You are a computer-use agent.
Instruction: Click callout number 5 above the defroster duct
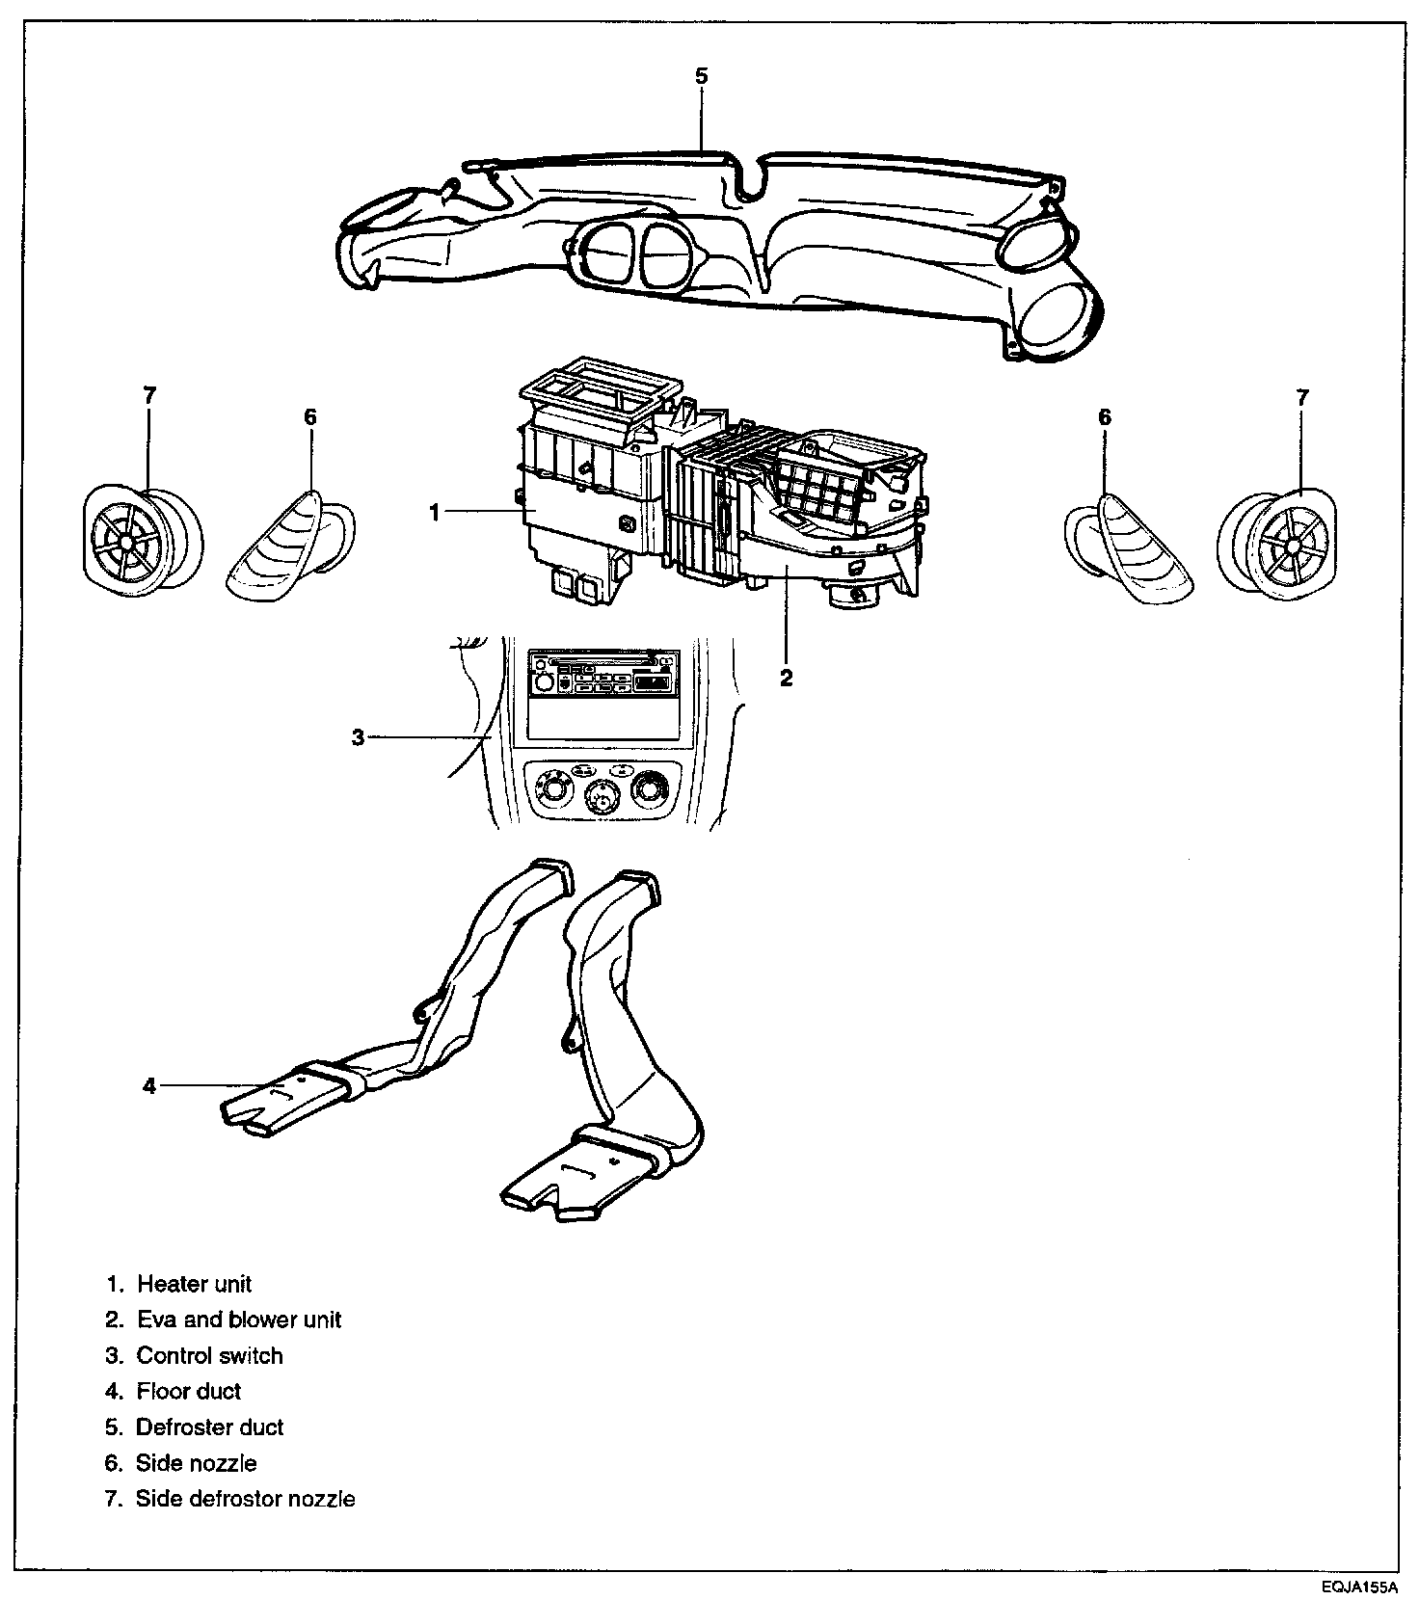(x=701, y=75)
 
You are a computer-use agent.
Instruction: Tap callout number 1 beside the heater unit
(x=435, y=513)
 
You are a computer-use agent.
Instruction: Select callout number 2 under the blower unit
(x=787, y=677)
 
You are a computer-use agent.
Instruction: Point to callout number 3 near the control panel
(x=358, y=737)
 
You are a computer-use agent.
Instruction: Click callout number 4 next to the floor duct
(x=149, y=1086)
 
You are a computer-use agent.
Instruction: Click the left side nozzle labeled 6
(x=289, y=547)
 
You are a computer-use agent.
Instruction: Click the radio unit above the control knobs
(x=601, y=673)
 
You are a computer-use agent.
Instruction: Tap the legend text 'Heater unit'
(x=194, y=1284)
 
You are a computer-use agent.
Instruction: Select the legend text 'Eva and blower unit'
(x=239, y=1320)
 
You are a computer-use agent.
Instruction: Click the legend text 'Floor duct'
(x=189, y=1391)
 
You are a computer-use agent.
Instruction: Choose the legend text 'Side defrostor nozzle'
(x=246, y=1499)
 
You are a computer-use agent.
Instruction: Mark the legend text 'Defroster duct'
(x=210, y=1427)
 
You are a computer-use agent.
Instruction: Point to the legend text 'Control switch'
(x=210, y=1355)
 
